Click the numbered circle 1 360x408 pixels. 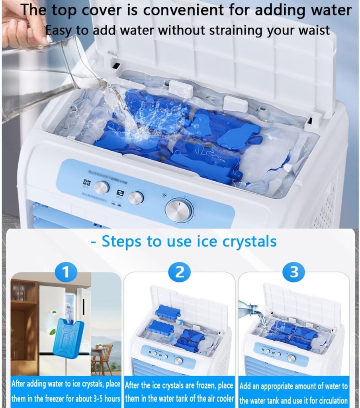point(66,273)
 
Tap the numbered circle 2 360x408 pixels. point(180,273)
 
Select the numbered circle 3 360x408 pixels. point(294,273)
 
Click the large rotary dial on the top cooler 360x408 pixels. point(179,210)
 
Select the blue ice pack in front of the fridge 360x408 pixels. point(68,337)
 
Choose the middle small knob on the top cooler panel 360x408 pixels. point(136,197)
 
